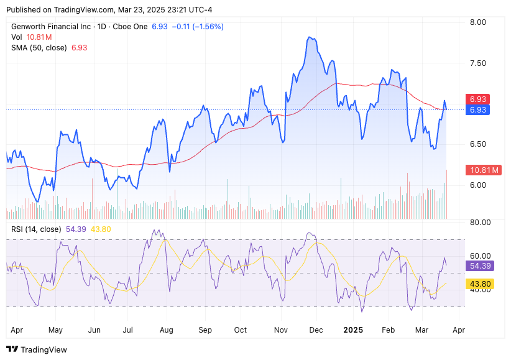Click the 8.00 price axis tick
click(477, 22)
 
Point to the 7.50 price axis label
click(477, 63)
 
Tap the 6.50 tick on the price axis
click(477, 144)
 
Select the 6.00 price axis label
click(477, 185)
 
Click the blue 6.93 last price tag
click(478, 110)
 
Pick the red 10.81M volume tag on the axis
click(482, 170)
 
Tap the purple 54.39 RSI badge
click(480, 265)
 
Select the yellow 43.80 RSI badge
click(480, 284)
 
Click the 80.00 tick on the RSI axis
click(479, 222)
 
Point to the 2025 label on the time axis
click(353, 330)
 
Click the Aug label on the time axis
click(166, 330)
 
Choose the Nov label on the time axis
click(280, 330)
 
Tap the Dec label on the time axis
click(316, 330)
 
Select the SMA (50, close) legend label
click(39, 48)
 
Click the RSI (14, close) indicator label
click(37, 229)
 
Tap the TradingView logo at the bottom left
click(37, 349)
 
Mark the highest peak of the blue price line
click(310, 37)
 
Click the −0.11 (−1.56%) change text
click(197, 27)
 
